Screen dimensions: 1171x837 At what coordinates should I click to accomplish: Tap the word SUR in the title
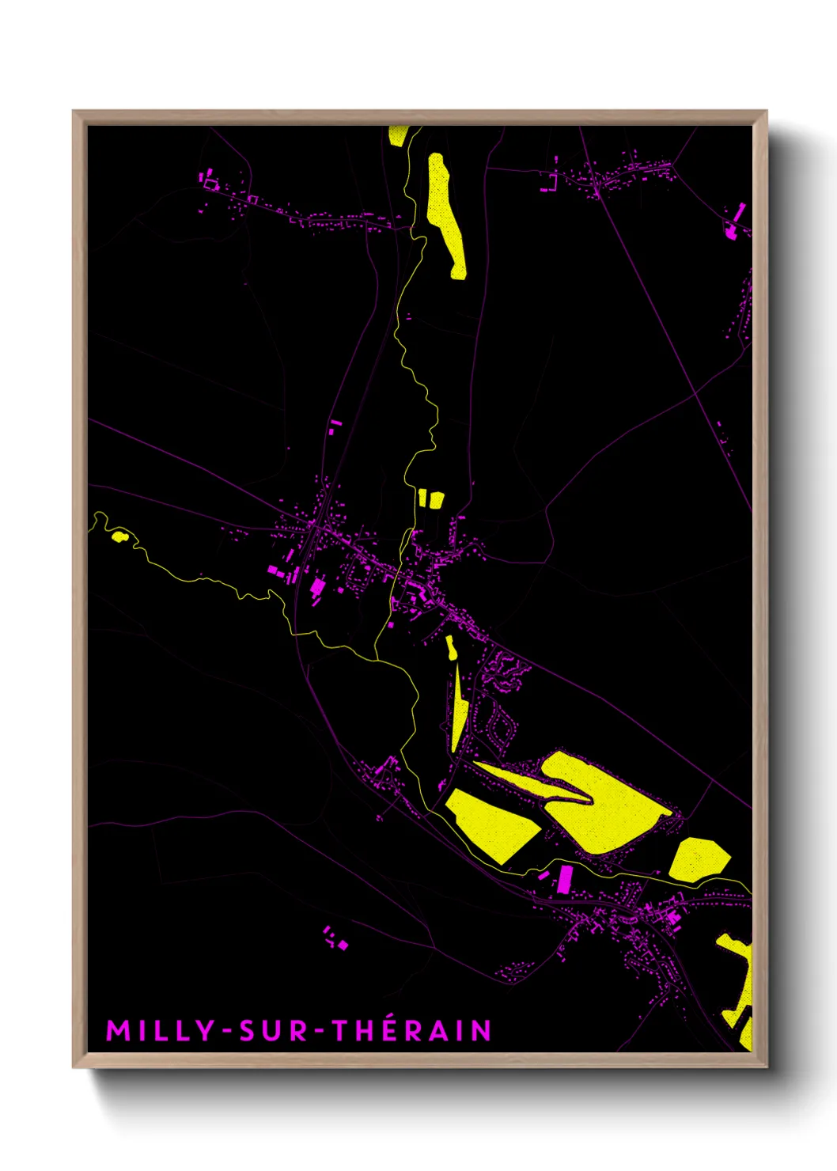272,1031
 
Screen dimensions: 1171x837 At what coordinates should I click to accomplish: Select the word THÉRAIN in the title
411,1031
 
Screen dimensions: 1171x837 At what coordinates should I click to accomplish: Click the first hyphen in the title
227,1032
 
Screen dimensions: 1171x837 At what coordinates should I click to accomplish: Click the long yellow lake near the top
444,210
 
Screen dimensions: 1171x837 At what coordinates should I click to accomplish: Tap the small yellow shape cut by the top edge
398,135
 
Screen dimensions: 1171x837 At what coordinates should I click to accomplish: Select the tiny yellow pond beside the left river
119,536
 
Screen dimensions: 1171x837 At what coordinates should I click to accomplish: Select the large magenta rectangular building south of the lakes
565,878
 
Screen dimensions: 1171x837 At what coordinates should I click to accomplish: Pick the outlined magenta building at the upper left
210,183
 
